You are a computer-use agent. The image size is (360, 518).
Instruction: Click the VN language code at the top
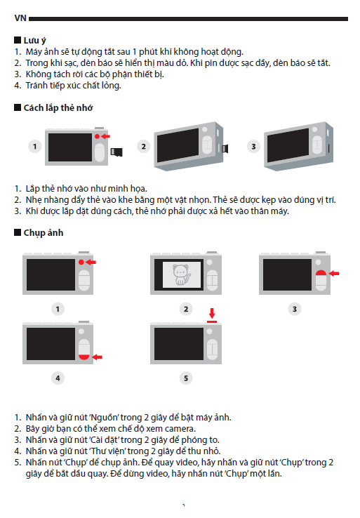(20, 18)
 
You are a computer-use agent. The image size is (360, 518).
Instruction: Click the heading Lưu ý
(34, 41)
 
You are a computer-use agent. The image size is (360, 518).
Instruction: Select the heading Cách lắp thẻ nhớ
(58, 107)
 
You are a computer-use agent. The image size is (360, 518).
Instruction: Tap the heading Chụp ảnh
(44, 232)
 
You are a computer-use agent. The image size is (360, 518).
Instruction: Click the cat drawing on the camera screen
(181, 274)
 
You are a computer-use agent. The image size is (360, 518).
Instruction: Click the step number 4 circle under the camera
(58, 378)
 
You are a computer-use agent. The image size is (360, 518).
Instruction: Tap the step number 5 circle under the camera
(186, 378)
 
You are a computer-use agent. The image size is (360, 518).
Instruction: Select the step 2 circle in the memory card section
(144, 147)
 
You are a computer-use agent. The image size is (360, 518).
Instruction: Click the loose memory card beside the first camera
(116, 152)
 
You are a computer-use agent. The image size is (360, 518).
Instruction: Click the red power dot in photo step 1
(81, 262)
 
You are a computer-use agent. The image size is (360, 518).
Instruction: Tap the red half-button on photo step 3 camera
(321, 272)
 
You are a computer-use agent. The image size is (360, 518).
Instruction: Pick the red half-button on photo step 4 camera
(84, 357)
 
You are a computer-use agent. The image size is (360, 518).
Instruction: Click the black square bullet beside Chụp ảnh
(18, 232)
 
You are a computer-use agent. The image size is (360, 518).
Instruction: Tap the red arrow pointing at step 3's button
(334, 273)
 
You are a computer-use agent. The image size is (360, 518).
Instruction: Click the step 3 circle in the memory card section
(253, 147)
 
